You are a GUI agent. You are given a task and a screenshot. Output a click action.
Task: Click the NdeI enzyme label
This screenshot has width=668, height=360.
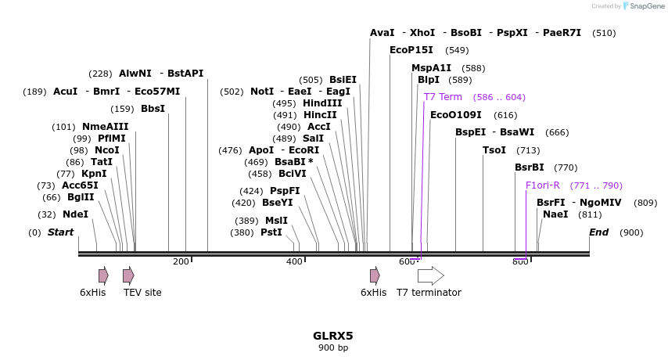[75, 214]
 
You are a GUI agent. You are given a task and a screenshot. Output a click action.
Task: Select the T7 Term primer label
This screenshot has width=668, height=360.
[443, 97]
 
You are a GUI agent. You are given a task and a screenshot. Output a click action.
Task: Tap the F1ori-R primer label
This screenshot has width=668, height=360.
[542, 185]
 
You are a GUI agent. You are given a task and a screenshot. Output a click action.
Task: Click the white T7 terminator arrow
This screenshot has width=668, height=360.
[430, 275]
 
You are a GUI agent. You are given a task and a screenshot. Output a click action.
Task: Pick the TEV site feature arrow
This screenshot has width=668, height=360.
[128, 275]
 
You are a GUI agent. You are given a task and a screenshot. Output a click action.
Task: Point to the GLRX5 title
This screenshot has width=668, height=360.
[333, 336]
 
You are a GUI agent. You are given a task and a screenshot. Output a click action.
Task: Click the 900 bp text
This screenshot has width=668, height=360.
[333, 347]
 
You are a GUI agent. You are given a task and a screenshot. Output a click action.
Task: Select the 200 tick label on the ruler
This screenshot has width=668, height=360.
[181, 261]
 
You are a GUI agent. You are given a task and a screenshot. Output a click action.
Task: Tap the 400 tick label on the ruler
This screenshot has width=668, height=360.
[294, 261]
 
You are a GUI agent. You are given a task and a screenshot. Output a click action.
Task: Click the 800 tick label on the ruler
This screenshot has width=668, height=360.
[520, 261]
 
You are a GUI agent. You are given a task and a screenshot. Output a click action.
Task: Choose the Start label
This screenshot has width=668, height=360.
[60, 232]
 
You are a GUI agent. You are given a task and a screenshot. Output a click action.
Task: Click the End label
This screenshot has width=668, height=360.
[598, 232]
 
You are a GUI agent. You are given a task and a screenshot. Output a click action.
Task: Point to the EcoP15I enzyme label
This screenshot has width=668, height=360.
[411, 50]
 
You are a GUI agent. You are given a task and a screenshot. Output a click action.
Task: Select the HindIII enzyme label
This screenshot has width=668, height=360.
[322, 103]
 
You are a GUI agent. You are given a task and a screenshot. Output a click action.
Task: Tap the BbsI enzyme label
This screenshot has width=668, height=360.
[153, 109]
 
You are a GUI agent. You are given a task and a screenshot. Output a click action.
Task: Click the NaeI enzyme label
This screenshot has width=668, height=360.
[555, 214]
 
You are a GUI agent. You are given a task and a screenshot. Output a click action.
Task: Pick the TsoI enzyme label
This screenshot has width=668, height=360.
[494, 150]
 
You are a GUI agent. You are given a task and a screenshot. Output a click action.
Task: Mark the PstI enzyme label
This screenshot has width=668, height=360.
[271, 232]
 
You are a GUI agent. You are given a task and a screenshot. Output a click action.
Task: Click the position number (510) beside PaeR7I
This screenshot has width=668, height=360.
[604, 33]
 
